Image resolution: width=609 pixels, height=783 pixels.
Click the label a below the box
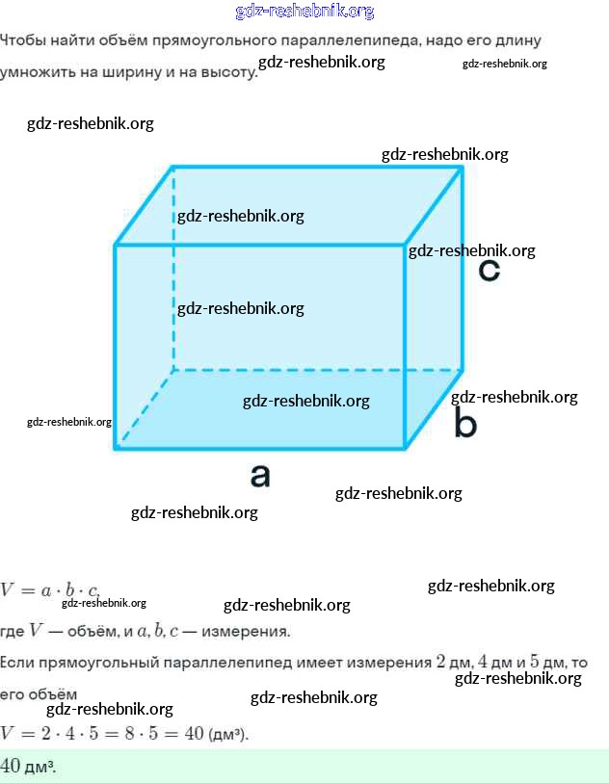pos(260,475)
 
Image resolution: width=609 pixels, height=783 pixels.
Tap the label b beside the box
pos(465,424)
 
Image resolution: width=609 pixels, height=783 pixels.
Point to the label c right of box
pos(490,271)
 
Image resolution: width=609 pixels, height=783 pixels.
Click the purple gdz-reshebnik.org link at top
pos(304,12)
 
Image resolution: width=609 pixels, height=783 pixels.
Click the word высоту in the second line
pos(225,72)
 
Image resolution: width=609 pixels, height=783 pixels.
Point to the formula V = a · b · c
pos(50,590)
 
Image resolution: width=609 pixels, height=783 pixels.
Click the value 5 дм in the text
pos(548,663)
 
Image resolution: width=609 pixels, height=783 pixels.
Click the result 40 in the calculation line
pos(193,734)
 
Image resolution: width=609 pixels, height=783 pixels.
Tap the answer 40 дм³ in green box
pos(27,767)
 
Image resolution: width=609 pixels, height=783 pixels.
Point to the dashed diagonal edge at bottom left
pos(145,408)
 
